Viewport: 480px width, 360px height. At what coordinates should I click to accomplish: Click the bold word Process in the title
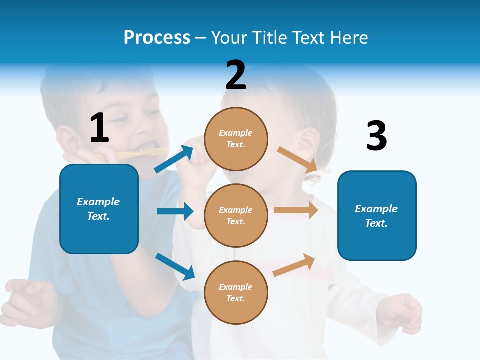tap(157, 37)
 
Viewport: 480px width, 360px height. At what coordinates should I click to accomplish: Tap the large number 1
tap(99, 128)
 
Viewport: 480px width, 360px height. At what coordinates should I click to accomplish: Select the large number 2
tap(236, 75)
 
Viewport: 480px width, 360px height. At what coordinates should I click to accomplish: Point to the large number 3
tap(376, 136)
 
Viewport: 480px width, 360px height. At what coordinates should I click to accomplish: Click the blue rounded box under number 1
tap(99, 209)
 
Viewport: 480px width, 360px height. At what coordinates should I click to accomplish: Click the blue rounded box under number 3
tap(377, 215)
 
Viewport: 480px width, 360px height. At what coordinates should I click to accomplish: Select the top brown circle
tap(236, 139)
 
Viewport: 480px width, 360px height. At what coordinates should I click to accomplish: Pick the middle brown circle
tap(236, 215)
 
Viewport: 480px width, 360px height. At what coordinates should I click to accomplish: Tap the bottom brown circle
tap(236, 292)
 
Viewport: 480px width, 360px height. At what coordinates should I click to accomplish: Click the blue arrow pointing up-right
tap(174, 159)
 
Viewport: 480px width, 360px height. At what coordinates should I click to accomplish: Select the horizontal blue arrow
tap(175, 211)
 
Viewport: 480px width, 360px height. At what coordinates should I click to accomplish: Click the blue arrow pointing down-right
tap(175, 266)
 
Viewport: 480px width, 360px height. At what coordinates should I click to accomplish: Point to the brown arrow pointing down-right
tap(297, 159)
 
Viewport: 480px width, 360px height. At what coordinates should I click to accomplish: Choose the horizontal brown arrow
tap(296, 210)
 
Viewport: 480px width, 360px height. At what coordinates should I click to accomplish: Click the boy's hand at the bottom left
tap(27, 300)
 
